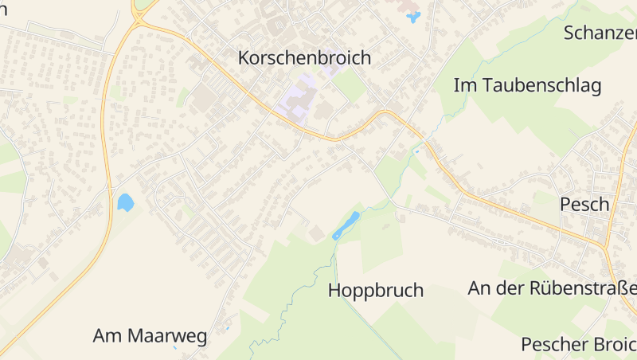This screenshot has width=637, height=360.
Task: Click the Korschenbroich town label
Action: [305, 57]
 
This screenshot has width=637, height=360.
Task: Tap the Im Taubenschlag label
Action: [527, 85]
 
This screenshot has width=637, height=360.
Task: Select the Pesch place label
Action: [584, 204]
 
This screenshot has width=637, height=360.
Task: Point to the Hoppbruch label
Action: [376, 291]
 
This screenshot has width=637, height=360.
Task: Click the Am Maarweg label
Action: [150, 336]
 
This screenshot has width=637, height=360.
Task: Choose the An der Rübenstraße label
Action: [553, 288]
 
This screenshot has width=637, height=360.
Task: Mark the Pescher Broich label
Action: [579, 344]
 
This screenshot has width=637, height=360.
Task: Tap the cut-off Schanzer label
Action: [600, 33]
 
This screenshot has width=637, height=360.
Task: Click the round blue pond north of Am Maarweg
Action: [125, 202]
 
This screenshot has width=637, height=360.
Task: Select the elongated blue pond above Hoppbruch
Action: [346, 225]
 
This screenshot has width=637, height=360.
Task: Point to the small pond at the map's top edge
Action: [412, 16]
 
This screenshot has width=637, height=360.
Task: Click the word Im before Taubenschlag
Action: [465, 85]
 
